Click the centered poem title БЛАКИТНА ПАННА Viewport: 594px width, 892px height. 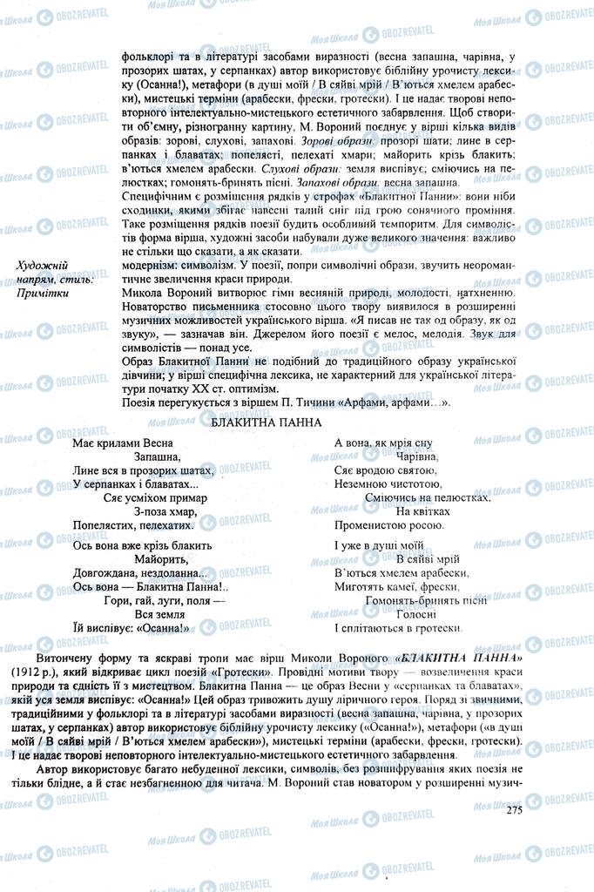(267, 422)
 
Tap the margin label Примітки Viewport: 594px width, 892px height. (42, 293)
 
